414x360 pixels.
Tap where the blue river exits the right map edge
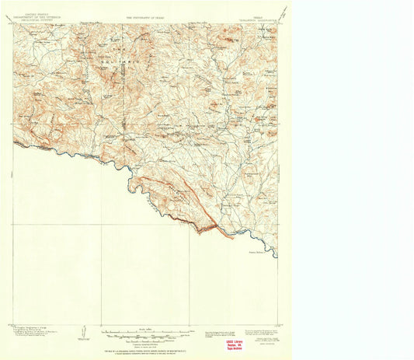pos(277,256)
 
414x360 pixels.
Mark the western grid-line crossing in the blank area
pos(101,225)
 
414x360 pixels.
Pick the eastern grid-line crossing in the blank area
pos(190,225)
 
